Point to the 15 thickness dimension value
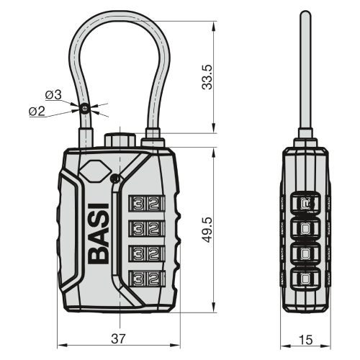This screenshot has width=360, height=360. pos(307,338)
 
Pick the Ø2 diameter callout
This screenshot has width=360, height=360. pos(37,112)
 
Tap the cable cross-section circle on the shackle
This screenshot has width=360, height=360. pos(85,108)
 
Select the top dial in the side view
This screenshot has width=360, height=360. pos(307,204)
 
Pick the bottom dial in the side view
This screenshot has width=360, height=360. pos(307,278)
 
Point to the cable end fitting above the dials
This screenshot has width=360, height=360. pos(153,138)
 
